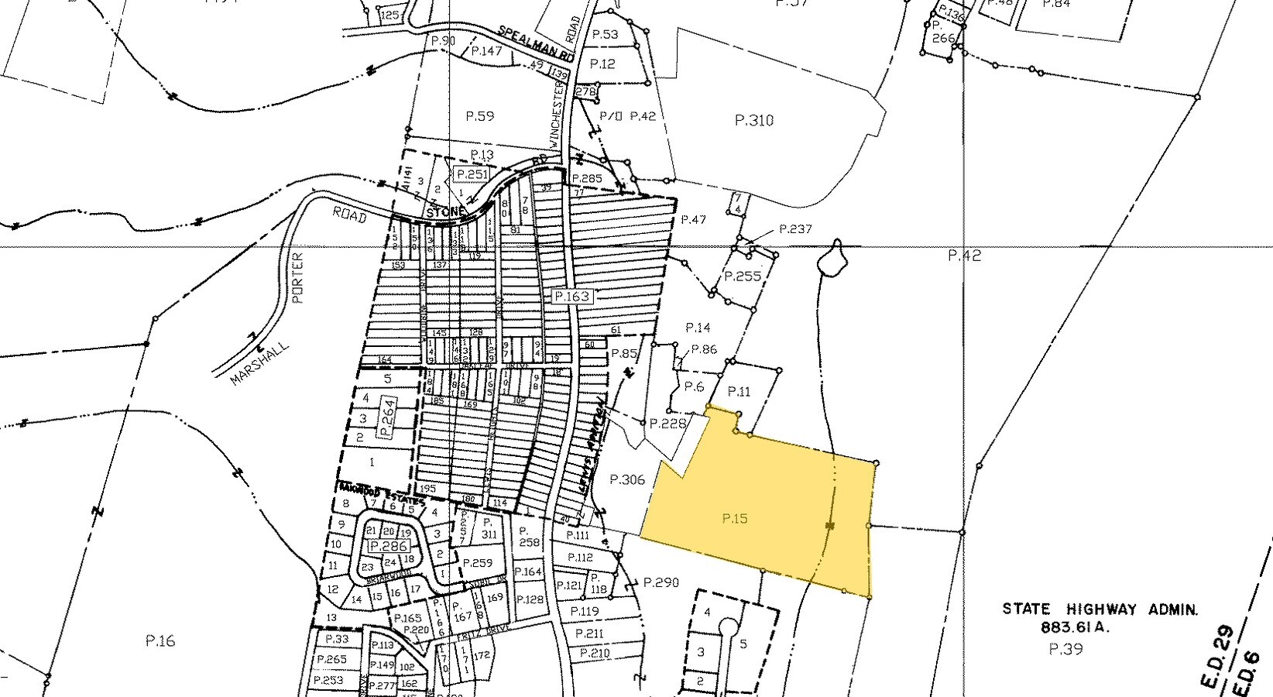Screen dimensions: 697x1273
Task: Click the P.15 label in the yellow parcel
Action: point(734,519)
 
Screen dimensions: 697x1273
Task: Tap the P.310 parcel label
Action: point(753,121)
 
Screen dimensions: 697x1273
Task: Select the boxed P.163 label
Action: point(572,297)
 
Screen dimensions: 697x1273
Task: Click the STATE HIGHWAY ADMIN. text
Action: point(1100,610)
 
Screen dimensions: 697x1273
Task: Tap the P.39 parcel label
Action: point(1065,649)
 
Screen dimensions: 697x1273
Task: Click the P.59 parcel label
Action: point(479,117)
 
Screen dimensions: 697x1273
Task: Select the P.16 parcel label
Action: point(160,640)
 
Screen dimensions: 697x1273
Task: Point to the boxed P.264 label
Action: point(389,415)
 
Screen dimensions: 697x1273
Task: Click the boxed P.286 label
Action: point(389,546)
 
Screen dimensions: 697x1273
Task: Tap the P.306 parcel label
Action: point(627,479)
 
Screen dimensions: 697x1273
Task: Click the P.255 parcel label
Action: point(742,276)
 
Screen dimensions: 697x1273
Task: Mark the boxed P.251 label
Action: point(472,174)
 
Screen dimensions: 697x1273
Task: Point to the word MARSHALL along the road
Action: point(259,364)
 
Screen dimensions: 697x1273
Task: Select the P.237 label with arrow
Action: point(795,229)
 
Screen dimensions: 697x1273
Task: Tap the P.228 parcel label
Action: point(668,424)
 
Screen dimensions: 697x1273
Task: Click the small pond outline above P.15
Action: point(831,258)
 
